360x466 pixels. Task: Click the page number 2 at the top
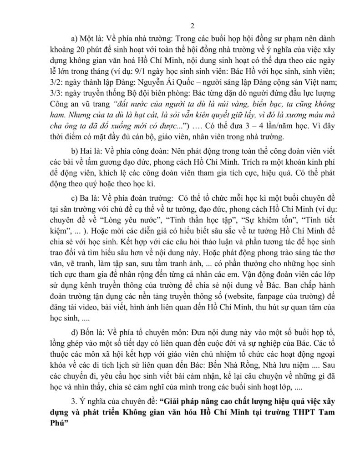[180, 26]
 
